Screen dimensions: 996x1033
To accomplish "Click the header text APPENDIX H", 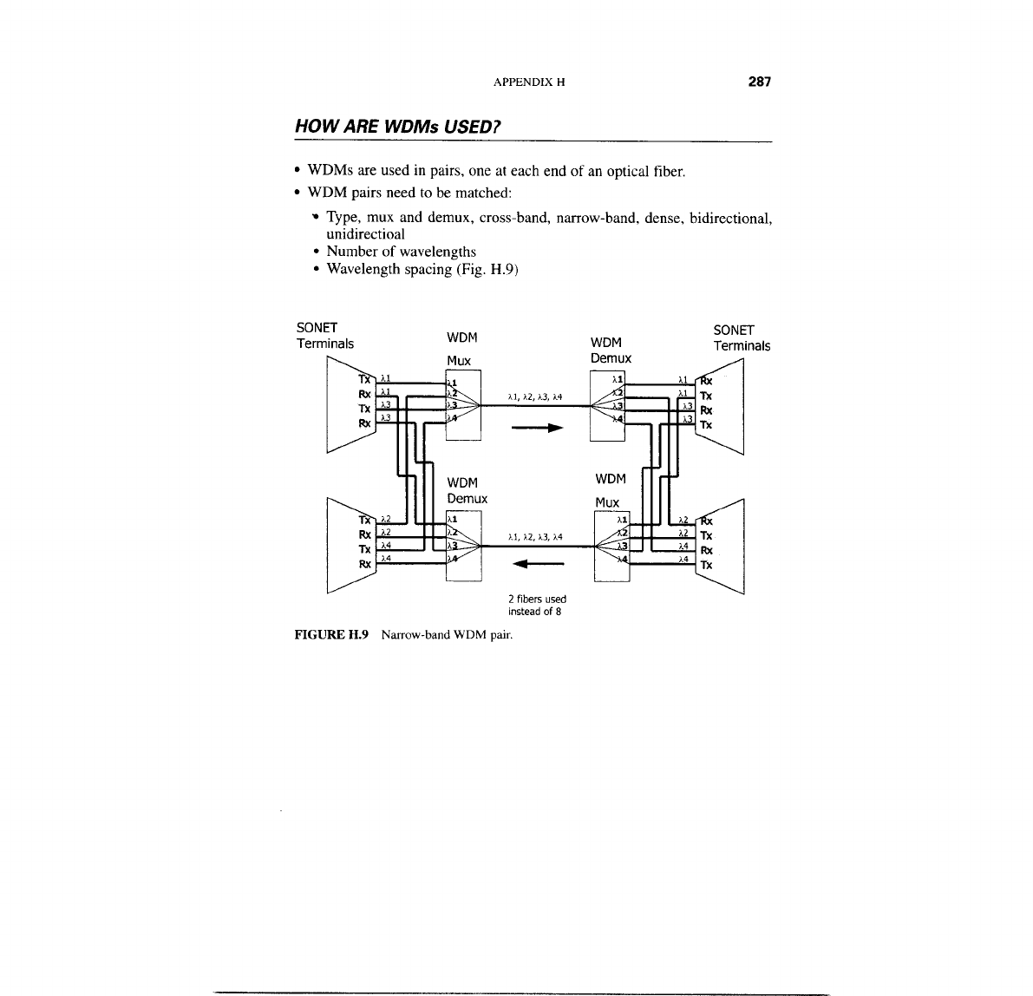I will [529, 83].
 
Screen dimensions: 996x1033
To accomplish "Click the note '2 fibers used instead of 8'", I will [537, 605].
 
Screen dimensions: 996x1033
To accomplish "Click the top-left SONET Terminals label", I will [325, 336].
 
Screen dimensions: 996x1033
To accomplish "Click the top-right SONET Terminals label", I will [742, 337].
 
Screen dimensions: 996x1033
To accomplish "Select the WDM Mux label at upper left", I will [461, 347].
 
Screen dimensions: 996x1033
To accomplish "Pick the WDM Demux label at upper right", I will [610, 350].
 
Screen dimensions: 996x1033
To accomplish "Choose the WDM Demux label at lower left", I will [467, 490].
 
